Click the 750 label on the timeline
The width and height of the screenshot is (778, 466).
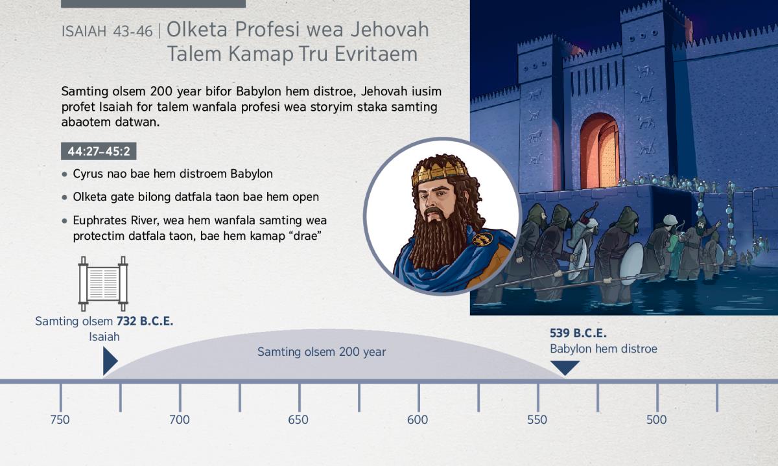[x=60, y=420]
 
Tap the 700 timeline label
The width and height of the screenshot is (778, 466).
[x=179, y=420]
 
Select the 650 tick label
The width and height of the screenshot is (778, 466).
[x=298, y=420]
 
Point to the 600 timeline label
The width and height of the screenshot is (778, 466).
[x=418, y=420]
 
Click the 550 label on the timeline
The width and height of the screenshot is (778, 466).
[x=537, y=420]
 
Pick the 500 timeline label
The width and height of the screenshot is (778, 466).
[x=656, y=420]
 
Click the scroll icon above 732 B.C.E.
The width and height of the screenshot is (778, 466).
[x=103, y=284]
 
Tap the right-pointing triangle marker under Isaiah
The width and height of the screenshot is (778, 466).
[x=110, y=361]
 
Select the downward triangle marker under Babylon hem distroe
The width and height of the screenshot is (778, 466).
[x=565, y=367]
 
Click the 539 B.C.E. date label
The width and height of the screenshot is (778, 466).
[x=578, y=333]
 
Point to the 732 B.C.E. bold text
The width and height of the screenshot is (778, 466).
[x=145, y=321]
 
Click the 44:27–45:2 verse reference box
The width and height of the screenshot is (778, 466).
[x=99, y=151]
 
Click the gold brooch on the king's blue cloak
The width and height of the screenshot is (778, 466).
[x=482, y=239]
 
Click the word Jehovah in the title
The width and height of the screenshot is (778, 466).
[x=390, y=30]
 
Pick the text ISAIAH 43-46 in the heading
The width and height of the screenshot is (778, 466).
[x=107, y=32]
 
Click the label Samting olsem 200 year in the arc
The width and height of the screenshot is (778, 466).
[x=322, y=352]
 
